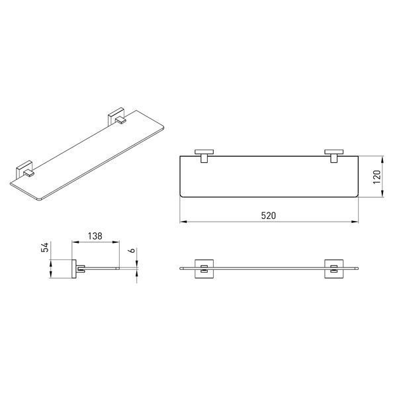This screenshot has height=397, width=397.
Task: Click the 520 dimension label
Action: coord(269,216)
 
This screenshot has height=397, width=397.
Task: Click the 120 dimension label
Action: coord(376,177)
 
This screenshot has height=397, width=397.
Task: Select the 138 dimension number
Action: coord(95,236)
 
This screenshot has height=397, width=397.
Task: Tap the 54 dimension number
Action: coord(44,247)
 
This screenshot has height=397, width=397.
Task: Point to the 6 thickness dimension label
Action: coord(132,251)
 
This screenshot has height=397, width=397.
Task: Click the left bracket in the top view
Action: coord(204,155)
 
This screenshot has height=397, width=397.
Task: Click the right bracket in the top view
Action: coord(334,155)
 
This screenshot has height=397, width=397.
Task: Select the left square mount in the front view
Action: coord(204,269)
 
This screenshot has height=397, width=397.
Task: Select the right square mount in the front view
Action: coord(334,269)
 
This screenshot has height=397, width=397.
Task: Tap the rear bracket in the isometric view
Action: coord(116,116)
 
